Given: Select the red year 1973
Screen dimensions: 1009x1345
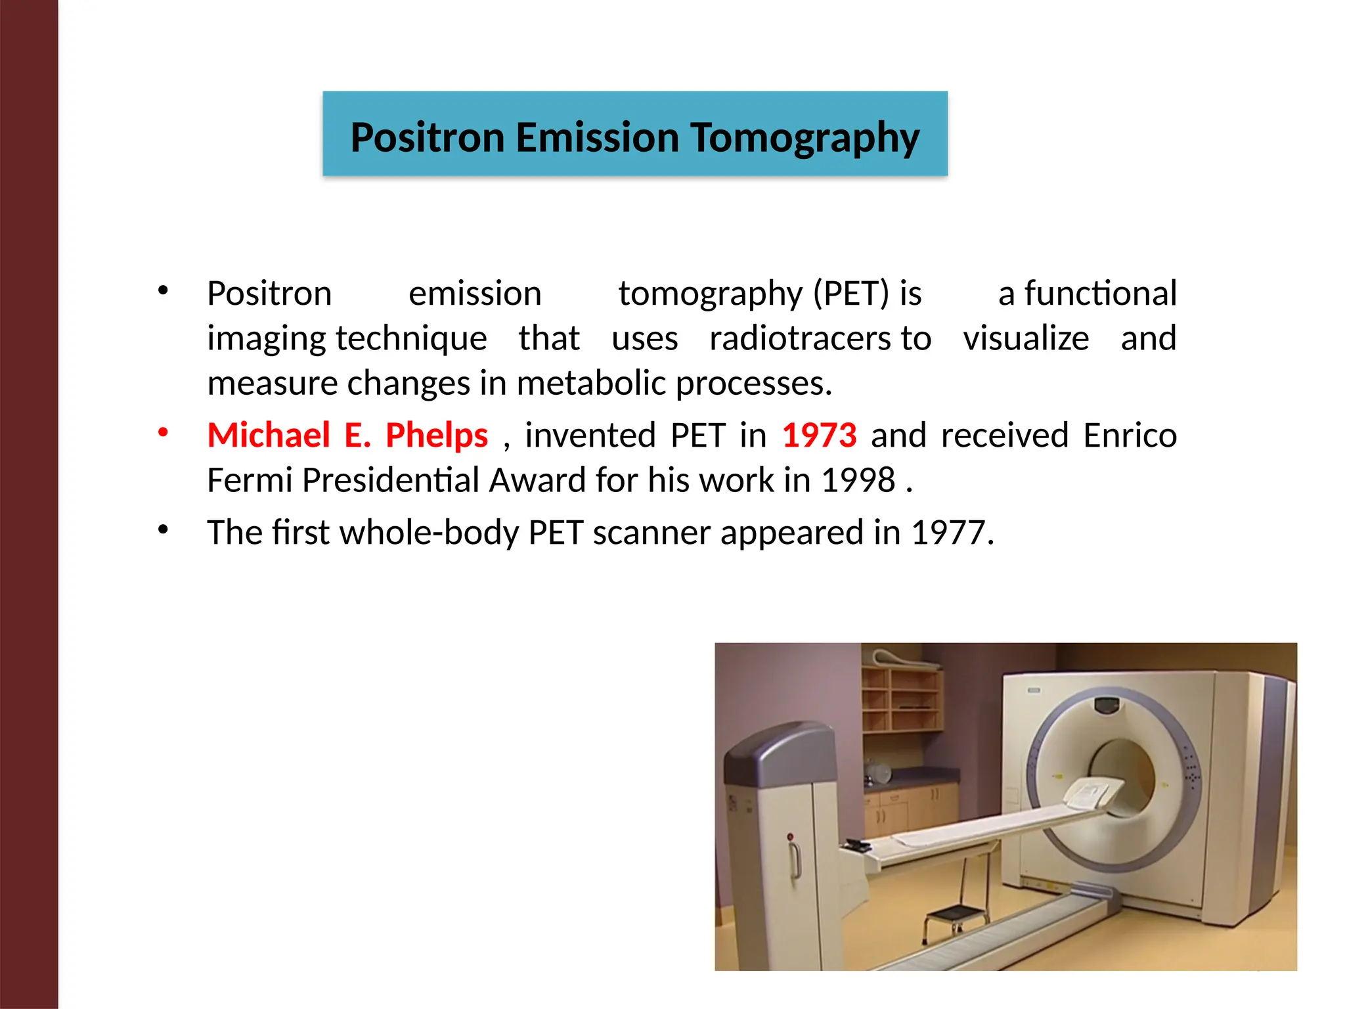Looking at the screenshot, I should point(819,436).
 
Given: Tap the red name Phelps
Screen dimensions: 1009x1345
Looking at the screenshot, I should point(437,436).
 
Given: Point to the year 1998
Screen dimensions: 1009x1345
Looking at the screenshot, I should point(858,480).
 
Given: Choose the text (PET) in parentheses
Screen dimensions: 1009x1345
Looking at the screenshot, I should point(851,294).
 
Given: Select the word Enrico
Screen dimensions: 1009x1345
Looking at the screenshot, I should point(1130,436).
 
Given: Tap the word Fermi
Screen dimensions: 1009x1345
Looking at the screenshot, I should point(250,480).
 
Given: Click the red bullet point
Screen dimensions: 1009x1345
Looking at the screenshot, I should point(163,433).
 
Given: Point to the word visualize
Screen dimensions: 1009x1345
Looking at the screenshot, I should point(1026,339).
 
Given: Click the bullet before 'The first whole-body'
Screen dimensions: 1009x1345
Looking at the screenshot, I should point(163,529).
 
